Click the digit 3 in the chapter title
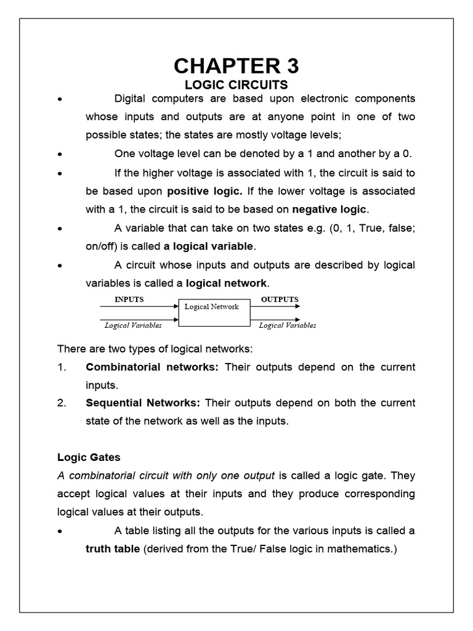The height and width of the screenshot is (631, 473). click(289, 65)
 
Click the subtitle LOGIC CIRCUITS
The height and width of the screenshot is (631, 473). click(236, 84)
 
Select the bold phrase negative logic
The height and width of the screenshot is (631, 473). click(329, 209)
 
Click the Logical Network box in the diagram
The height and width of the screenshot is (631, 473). click(214, 312)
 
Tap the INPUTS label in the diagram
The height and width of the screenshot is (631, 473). click(129, 299)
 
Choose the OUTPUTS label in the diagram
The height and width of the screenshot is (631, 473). click(280, 299)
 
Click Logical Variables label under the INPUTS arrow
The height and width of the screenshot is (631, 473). click(133, 325)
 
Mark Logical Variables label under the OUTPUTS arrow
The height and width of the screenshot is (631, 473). click(287, 325)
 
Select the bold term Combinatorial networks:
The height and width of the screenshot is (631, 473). click(152, 367)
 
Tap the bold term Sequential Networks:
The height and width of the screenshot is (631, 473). click(143, 403)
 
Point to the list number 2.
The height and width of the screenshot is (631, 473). click(62, 403)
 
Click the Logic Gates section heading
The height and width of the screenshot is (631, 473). click(89, 457)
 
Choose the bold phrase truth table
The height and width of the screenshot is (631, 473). click(113, 549)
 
